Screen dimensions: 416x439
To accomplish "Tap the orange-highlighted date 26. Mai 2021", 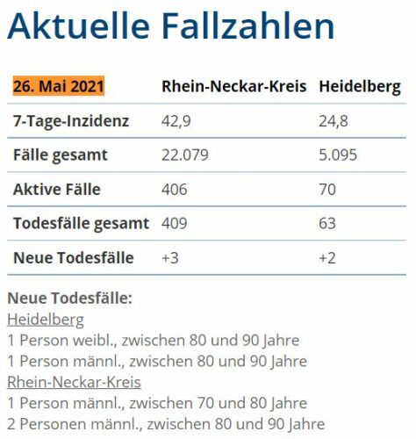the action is click(x=59, y=86).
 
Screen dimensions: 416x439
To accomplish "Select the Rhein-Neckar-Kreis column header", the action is click(x=234, y=86).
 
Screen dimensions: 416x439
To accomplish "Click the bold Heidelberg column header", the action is click(x=360, y=87).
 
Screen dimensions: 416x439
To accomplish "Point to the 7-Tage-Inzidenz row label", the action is click(x=71, y=121).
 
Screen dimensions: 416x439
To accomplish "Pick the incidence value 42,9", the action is click(x=176, y=121).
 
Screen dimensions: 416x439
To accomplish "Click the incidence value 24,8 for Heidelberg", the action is click(x=334, y=121).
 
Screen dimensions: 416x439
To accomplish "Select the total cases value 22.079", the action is click(x=185, y=155).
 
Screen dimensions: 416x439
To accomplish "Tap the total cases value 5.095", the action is click(x=338, y=155).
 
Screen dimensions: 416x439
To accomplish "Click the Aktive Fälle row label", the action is click(x=57, y=189).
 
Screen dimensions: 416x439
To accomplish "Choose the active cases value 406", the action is click(x=175, y=190).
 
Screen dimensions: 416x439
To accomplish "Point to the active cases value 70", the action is click(x=327, y=190).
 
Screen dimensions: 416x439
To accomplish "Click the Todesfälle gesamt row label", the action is click(x=82, y=224).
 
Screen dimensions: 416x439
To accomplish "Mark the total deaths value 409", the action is click(x=175, y=224).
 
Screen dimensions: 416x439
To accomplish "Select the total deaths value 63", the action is click(x=327, y=224).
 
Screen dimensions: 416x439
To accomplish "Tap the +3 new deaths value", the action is click(x=170, y=258).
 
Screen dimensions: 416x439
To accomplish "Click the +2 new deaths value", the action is click(x=327, y=258).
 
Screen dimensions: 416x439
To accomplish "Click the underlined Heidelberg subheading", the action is click(x=46, y=320).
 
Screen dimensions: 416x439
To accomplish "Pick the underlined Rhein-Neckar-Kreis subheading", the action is click(x=74, y=382).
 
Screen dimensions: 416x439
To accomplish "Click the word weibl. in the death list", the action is click(x=95, y=341).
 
